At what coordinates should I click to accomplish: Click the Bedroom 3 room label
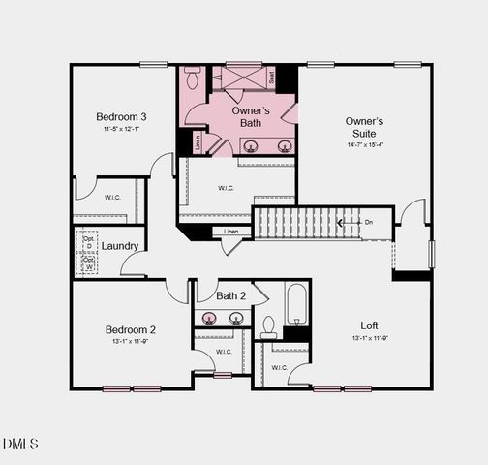(122, 116)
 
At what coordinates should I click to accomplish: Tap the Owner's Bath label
(249, 117)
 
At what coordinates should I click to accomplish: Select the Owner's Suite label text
(364, 127)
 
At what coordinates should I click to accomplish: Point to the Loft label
(369, 325)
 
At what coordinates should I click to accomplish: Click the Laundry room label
(119, 246)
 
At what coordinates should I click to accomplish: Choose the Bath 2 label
(231, 295)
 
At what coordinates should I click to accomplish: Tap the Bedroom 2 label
(131, 329)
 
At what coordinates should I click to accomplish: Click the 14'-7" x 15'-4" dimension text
(365, 145)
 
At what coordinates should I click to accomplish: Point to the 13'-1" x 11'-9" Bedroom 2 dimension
(131, 342)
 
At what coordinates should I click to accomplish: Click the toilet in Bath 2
(269, 326)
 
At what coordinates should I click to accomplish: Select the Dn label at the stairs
(368, 222)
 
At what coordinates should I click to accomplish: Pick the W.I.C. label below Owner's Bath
(227, 188)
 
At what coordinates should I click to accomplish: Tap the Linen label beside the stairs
(230, 232)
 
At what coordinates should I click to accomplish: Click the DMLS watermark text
(20, 444)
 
